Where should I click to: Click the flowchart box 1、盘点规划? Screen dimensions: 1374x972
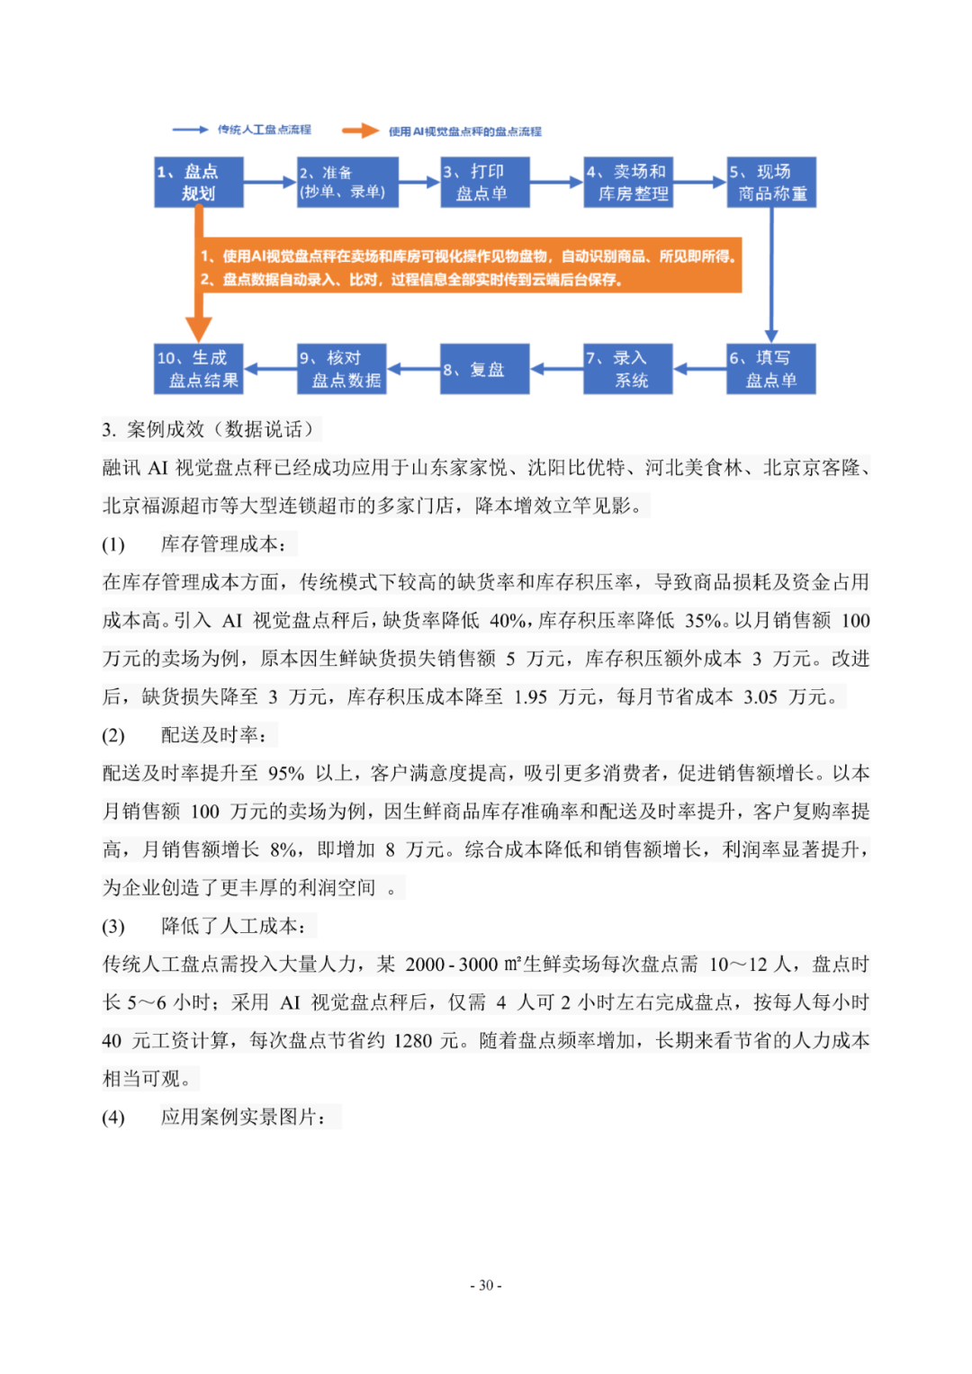tap(199, 183)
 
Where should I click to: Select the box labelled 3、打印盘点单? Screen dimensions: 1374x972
tap(484, 183)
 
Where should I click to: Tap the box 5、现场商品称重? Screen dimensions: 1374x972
tap(771, 183)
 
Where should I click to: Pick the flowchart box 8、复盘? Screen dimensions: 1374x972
tap(484, 369)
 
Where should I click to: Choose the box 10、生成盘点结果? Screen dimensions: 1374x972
tap(199, 369)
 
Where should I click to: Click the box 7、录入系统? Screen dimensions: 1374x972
tap(628, 369)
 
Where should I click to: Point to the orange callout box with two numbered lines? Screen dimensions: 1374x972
tap(468, 267)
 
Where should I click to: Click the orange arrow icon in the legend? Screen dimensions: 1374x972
tap(360, 130)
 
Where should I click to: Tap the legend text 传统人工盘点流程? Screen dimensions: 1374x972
tap(264, 130)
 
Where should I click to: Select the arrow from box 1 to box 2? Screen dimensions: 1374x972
tap(270, 183)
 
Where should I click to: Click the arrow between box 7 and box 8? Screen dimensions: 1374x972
tap(556, 369)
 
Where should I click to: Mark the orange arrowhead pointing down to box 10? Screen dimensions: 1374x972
tap(199, 328)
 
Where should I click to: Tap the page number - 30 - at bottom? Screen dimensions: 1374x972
tap(486, 1285)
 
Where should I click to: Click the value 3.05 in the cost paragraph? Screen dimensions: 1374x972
tap(760, 697)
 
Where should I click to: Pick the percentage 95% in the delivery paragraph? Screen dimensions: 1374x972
tap(286, 774)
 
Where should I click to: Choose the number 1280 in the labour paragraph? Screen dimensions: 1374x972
tap(413, 1041)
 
